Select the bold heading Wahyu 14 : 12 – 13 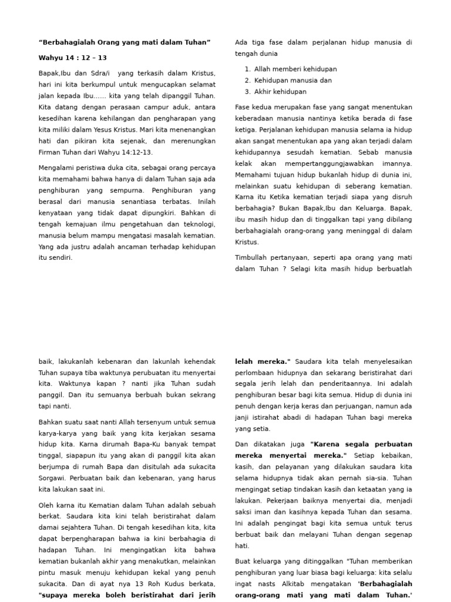pyautogui.click(x=73, y=58)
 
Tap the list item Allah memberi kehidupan pyautogui.click(x=295, y=69)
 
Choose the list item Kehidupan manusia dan pyautogui.click(x=293, y=80)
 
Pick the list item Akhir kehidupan pyautogui.click(x=280, y=92)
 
